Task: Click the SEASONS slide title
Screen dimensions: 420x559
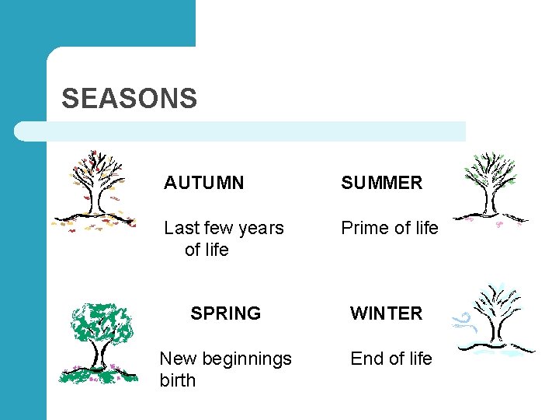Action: click(x=129, y=99)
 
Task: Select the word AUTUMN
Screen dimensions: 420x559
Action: click(x=203, y=183)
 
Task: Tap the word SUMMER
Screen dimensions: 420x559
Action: click(x=381, y=183)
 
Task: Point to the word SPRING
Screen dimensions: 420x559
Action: click(x=225, y=313)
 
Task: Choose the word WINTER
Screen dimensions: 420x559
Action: click(x=386, y=313)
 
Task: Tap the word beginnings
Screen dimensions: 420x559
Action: click(x=247, y=359)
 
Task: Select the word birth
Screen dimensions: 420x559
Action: click(x=177, y=380)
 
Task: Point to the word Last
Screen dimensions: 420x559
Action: click(x=181, y=228)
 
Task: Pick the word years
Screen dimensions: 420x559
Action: click(x=257, y=228)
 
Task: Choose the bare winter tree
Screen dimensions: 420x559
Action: click(x=497, y=319)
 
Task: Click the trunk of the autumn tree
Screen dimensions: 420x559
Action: click(x=95, y=202)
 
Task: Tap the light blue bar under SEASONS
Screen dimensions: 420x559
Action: click(x=241, y=131)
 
